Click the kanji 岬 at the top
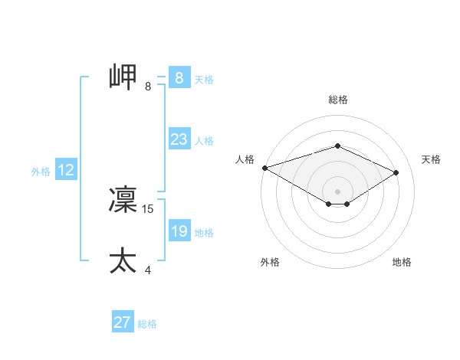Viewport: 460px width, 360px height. [123, 77]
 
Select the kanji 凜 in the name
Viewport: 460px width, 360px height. [123, 200]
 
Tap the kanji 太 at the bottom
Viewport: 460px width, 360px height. [123, 260]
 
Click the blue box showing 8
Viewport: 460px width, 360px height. [179, 78]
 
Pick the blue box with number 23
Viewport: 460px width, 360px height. [179, 139]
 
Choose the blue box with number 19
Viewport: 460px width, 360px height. [179, 231]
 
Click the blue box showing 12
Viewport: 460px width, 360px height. [65, 170]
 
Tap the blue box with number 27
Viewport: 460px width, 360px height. [122, 322]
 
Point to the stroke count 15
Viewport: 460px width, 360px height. [149, 208]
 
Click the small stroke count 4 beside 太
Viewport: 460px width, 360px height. [148, 270]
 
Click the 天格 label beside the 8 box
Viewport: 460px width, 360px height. [204, 80]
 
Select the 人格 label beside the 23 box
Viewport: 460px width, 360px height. [204, 141]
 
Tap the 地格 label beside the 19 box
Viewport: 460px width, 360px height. [204, 233]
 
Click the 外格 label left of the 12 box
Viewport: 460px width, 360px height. [41, 172]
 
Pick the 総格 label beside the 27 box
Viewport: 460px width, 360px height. [147, 324]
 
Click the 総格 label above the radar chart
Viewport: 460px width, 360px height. [338, 100]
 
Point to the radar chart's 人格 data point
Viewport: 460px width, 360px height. [264, 168]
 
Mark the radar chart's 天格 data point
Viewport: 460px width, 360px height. [396, 172]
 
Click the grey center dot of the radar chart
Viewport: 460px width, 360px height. [337, 191]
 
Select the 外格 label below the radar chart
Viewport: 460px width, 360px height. [270, 262]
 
